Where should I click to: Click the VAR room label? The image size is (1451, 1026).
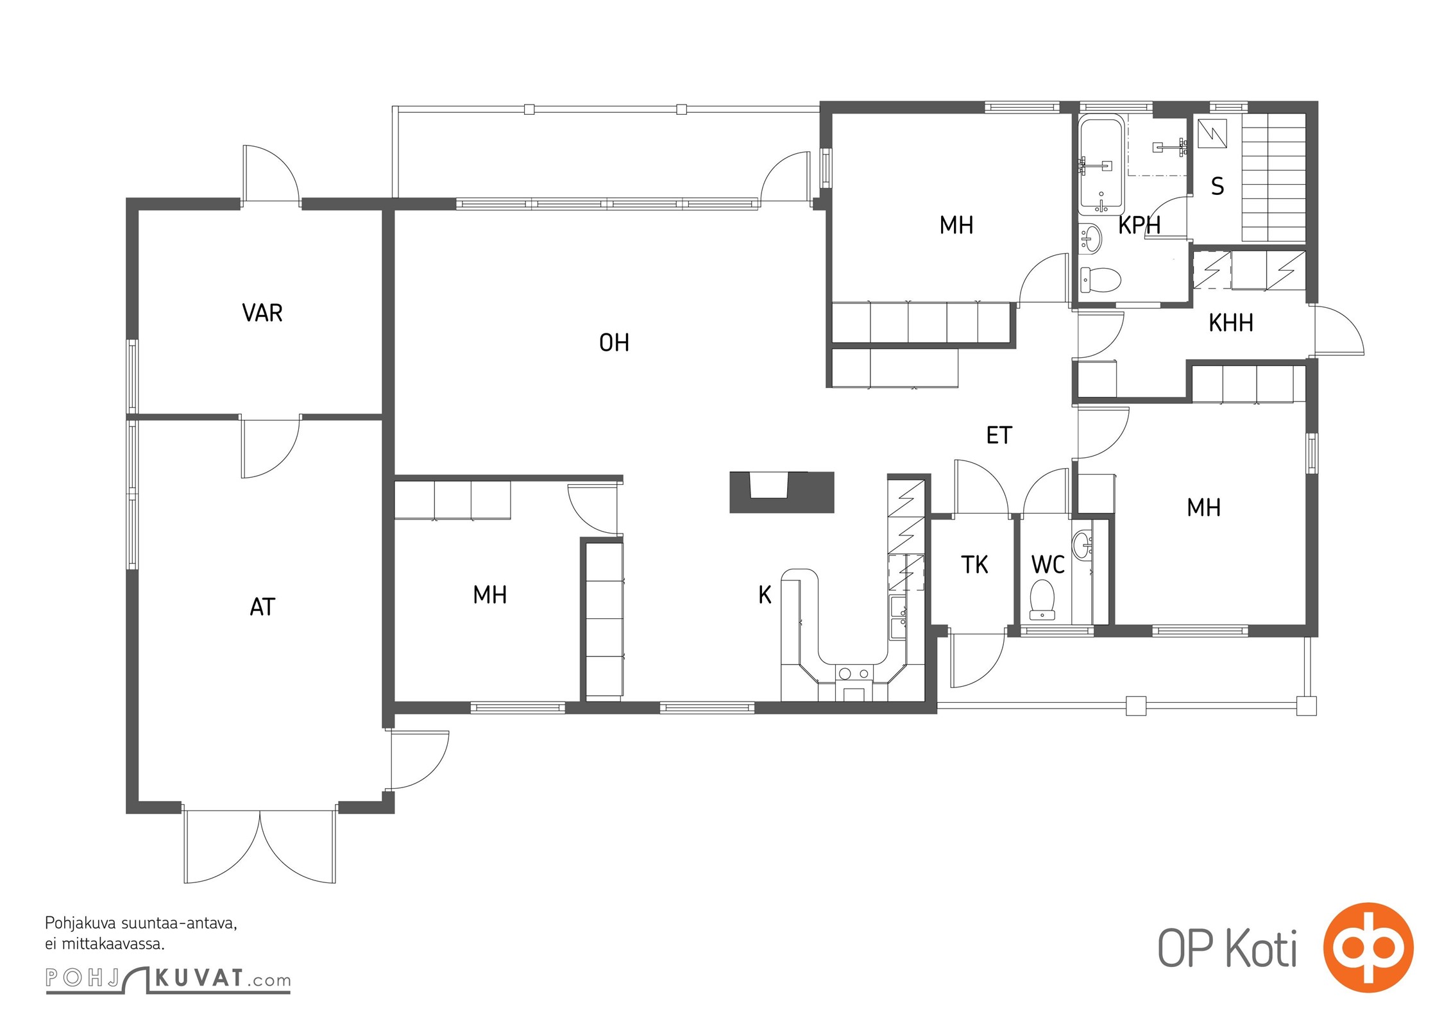tap(262, 313)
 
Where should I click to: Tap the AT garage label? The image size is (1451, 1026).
tap(262, 607)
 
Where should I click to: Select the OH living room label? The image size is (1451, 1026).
tap(614, 343)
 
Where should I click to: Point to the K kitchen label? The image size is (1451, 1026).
tap(765, 595)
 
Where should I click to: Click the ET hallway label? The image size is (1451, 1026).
tap(999, 435)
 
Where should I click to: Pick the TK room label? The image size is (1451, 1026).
tap(974, 565)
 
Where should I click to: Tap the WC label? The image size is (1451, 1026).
tap(1048, 565)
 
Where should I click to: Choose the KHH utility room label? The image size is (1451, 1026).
tap(1231, 323)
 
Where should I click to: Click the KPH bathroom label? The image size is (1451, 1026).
tap(1139, 225)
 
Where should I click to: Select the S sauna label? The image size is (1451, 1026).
tap(1217, 187)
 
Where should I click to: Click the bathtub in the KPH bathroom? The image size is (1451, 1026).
tap(1101, 165)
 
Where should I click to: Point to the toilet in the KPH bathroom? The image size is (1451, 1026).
tap(1100, 280)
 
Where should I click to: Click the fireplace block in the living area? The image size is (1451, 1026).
tap(782, 492)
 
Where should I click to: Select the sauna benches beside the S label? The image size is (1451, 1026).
tap(1274, 178)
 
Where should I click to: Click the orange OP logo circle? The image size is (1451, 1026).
tap(1368, 947)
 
